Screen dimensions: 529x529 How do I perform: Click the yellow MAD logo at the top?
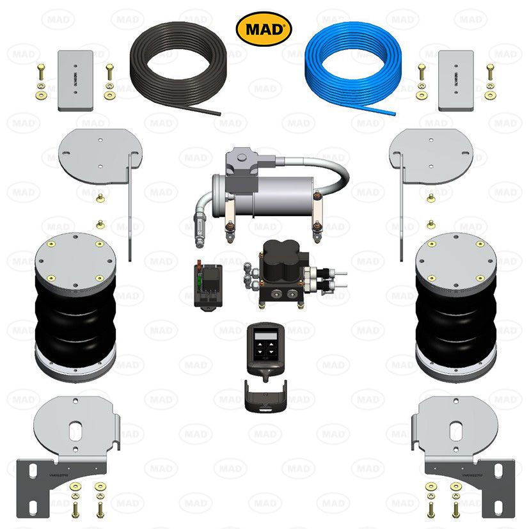(264, 29)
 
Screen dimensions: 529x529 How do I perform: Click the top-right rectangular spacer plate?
(455, 81)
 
